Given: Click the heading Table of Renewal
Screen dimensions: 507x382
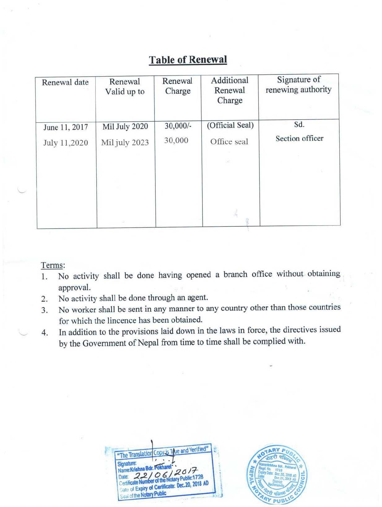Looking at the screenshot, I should pyautogui.click(x=188, y=60).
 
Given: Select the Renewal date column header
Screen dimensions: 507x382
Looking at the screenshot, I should pyautogui.click(x=65, y=82).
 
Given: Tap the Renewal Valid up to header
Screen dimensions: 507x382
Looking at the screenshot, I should pyautogui.click(x=125, y=87).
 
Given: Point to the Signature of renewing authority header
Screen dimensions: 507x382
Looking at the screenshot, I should pyautogui.click(x=298, y=84).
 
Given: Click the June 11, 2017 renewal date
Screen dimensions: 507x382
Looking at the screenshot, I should pyautogui.click(x=65, y=127).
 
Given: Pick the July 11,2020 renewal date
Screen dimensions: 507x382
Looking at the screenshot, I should pyautogui.click(x=65, y=143).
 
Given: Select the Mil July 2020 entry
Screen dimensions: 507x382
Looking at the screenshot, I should pyautogui.click(x=125, y=126).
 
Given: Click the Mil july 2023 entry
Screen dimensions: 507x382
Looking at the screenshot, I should pyautogui.click(x=125, y=142).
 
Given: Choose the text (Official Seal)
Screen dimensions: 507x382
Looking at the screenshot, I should pyautogui.click(x=230, y=125).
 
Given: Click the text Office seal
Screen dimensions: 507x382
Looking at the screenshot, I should pyautogui.click(x=229, y=142).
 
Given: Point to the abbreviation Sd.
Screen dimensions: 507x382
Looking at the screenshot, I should pyautogui.click(x=299, y=125).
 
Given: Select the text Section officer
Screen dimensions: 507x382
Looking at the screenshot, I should pyautogui.click(x=299, y=138).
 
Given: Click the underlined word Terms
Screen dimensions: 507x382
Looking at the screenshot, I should pyautogui.click(x=53, y=265).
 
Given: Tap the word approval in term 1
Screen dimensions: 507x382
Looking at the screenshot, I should pyautogui.click(x=74, y=288).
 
